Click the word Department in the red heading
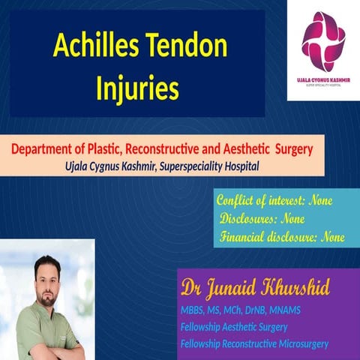coord(44,149)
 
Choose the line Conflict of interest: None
coord(274,201)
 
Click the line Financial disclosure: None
coord(282,238)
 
